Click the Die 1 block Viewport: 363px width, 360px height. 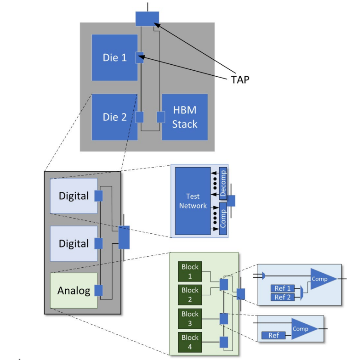point(114,57)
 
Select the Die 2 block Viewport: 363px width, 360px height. point(114,117)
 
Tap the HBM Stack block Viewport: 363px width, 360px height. point(185,117)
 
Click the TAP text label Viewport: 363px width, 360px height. point(240,79)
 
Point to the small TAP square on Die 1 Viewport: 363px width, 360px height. point(140,57)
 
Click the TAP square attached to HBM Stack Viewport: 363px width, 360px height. point(161,117)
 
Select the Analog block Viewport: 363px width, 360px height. point(74,291)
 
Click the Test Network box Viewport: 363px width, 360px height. point(193,201)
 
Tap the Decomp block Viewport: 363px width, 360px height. point(223,183)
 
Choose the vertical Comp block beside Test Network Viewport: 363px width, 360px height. point(223,219)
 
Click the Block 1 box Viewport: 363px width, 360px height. point(190,271)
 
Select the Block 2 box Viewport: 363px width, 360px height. point(190,295)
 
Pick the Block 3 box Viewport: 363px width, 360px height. point(190,319)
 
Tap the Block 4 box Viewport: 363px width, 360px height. point(190,342)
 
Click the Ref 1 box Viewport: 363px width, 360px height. point(283,288)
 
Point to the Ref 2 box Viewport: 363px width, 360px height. point(283,297)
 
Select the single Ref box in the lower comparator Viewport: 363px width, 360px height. point(273,336)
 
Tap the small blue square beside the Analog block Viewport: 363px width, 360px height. point(99,291)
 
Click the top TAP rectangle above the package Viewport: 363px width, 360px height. point(147,19)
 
